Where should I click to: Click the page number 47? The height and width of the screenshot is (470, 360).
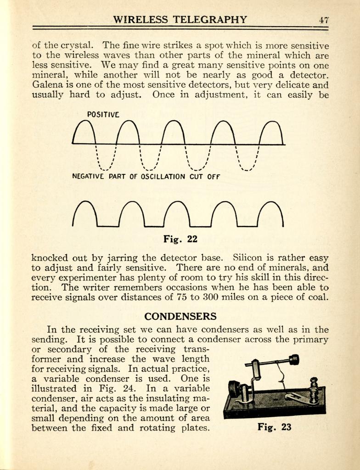click(x=324, y=20)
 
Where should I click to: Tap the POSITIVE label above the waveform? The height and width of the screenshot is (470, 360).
click(x=103, y=114)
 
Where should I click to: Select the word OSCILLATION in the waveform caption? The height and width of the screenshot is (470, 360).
click(x=163, y=176)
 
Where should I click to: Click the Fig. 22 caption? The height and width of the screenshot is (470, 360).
click(x=180, y=239)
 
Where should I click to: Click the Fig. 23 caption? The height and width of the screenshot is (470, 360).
click(x=274, y=427)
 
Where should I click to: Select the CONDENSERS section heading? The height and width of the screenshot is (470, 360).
click(x=180, y=316)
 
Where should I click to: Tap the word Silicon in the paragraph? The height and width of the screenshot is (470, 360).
click(x=248, y=258)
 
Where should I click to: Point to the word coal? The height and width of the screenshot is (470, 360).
click(x=319, y=297)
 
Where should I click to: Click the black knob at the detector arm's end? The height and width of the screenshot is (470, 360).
click(x=294, y=360)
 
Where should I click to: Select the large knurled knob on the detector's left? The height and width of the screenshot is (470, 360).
click(x=235, y=389)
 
